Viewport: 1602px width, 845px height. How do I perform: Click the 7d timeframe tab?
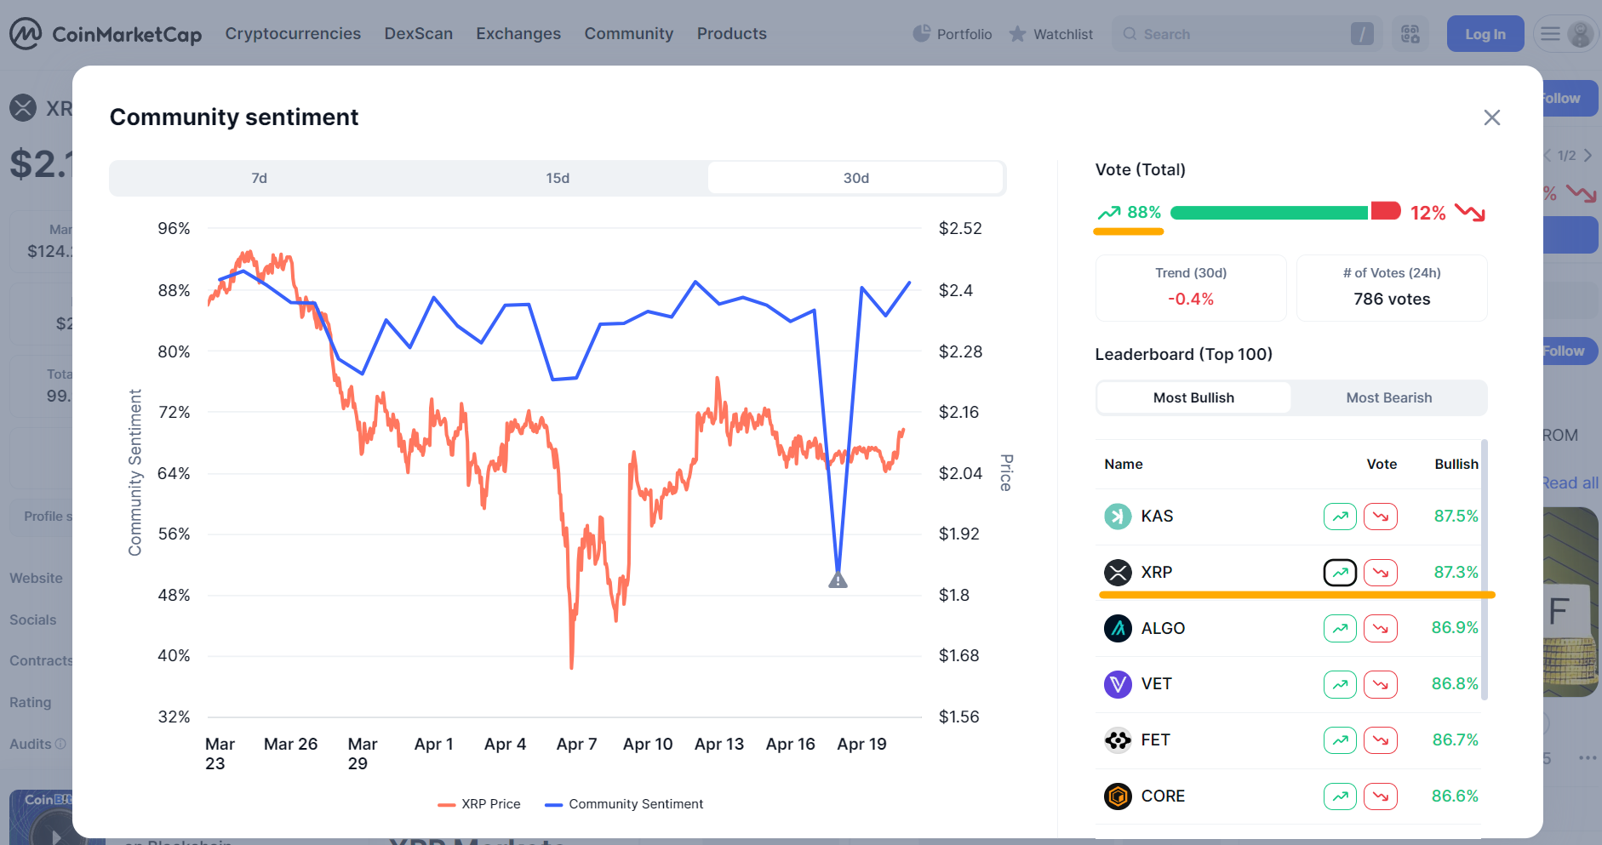tap(259, 178)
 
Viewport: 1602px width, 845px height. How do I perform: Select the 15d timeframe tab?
tap(558, 178)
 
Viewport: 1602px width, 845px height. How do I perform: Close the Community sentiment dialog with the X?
tap(1491, 117)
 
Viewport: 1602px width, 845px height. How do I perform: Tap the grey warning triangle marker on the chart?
tap(838, 580)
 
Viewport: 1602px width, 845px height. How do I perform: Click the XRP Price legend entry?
tap(479, 804)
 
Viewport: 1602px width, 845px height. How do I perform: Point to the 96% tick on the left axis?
tap(174, 228)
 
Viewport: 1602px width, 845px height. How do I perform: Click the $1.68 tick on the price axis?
tap(958, 655)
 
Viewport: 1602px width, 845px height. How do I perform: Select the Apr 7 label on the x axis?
tap(576, 744)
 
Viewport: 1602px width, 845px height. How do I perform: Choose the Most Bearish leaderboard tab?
tap(1388, 397)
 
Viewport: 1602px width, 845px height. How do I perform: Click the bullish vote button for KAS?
tap(1340, 517)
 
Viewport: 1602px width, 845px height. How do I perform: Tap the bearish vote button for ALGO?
tap(1380, 628)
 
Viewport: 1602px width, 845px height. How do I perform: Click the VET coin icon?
tap(1118, 684)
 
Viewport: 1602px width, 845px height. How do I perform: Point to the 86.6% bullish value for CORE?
tap(1455, 796)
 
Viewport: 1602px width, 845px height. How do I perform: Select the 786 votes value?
tap(1392, 299)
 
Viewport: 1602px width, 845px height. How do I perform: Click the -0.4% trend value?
tap(1190, 299)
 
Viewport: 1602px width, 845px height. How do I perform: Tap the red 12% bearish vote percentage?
tap(1427, 213)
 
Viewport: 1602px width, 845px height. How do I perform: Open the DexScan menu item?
tap(418, 33)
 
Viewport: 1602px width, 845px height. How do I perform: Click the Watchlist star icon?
tap(1017, 34)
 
